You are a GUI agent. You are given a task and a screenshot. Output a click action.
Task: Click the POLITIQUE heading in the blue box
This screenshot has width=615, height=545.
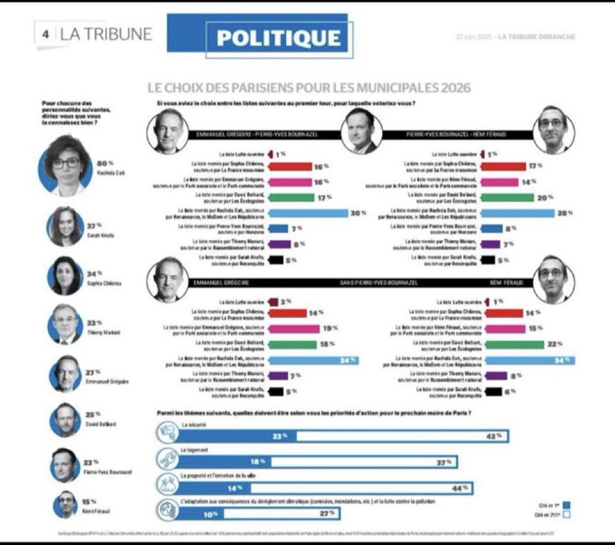279,38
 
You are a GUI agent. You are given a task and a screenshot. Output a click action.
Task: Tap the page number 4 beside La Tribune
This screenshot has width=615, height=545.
46,34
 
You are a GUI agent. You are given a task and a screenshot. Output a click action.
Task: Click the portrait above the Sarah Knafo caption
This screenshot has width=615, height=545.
66,226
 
